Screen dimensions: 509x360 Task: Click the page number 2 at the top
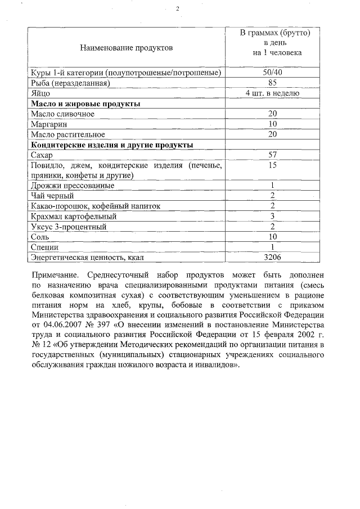178,9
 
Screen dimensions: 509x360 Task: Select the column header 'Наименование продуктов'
127,48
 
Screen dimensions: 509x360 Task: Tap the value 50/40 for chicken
272,73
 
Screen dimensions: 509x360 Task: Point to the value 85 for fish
272,83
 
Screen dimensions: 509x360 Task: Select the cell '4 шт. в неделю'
272,93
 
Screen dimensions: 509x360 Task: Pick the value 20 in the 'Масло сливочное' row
272,114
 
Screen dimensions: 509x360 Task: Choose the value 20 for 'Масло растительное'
272,134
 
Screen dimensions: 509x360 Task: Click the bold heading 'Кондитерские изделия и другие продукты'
112,145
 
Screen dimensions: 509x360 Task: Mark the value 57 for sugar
272,155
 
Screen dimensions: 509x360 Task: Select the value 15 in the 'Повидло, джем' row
272,165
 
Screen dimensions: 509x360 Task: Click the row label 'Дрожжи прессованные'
73,186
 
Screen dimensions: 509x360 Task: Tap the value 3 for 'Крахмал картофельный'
272,217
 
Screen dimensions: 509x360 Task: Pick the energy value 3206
272,257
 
